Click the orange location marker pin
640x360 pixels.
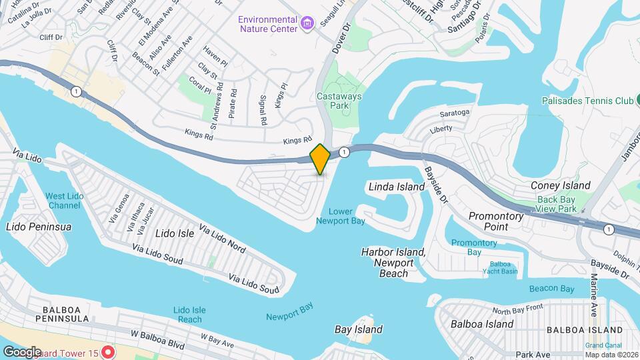click(320, 159)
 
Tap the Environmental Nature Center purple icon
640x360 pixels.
click(307, 25)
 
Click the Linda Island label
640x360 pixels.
click(397, 187)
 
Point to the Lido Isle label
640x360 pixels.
click(174, 233)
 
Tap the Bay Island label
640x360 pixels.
click(358, 329)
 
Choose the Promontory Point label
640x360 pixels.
click(497, 221)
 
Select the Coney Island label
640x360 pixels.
click(560, 185)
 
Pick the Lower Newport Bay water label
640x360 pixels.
click(341, 216)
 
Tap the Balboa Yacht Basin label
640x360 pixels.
click(500, 267)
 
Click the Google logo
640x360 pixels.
click(22, 351)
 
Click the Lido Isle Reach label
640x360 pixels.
click(189, 315)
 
